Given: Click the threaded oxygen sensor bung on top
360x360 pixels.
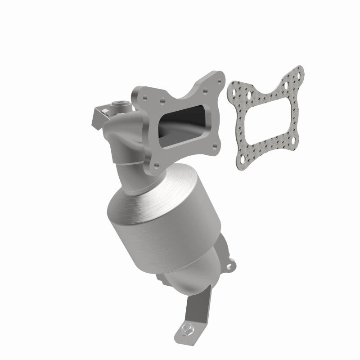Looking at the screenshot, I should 123,104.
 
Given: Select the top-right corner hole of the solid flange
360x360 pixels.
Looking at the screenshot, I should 219,77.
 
